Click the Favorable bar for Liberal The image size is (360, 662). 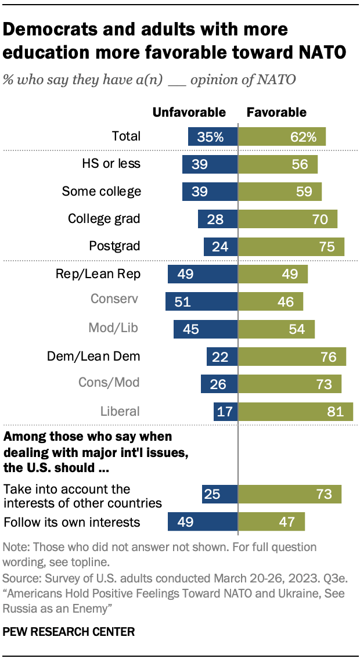click(x=296, y=411)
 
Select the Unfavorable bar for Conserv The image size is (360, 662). click(x=201, y=301)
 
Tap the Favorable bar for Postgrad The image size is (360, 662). click(x=291, y=246)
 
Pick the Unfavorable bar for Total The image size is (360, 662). click(x=213, y=137)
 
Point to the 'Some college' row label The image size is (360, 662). click(x=102, y=191)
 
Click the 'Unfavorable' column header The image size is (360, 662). click(x=189, y=113)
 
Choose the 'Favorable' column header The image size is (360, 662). click(x=277, y=113)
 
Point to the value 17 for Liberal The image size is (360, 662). click(x=225, y=411)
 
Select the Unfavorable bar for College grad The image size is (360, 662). click(x=218, y=219)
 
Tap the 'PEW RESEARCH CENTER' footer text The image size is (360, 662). click(x=69, y=632)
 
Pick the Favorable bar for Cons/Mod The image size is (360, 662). click(x=290, y=384)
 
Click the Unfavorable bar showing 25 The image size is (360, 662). click(x=219, y=494)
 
